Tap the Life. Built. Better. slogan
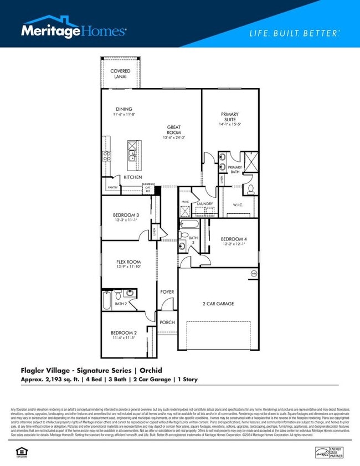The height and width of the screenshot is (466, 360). click(294, 33)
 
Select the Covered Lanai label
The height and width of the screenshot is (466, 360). click(120, 74)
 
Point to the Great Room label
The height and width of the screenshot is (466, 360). click(174, 130)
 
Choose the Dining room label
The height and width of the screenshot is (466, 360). click(124, 109)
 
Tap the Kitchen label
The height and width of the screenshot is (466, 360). click(132, 177)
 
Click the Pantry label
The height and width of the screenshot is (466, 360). click(112, 188)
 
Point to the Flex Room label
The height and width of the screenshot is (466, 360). click(128, 262)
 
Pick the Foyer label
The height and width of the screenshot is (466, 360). click(167, 292)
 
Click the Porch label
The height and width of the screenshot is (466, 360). click(167, 322)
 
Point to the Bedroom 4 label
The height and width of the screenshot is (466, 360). click(233, 239)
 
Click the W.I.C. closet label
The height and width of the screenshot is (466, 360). click(238, 204)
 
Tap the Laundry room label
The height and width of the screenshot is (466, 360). click(205, 204)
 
